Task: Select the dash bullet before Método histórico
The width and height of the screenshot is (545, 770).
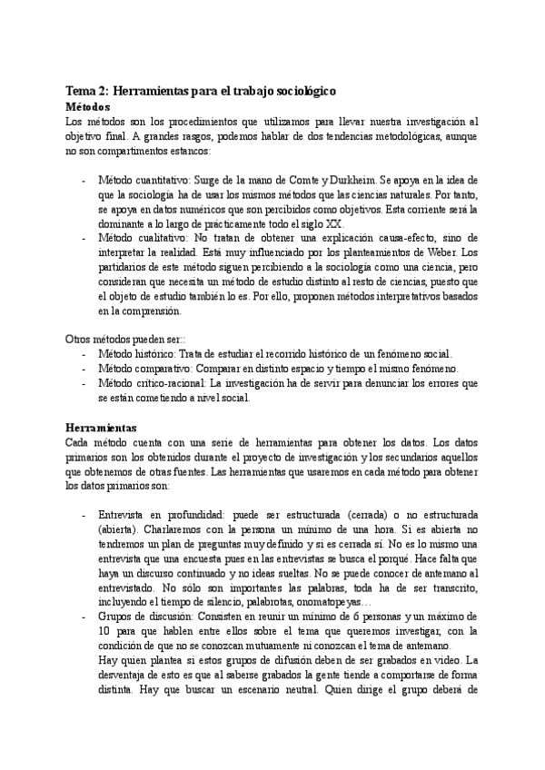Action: (85, 353)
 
